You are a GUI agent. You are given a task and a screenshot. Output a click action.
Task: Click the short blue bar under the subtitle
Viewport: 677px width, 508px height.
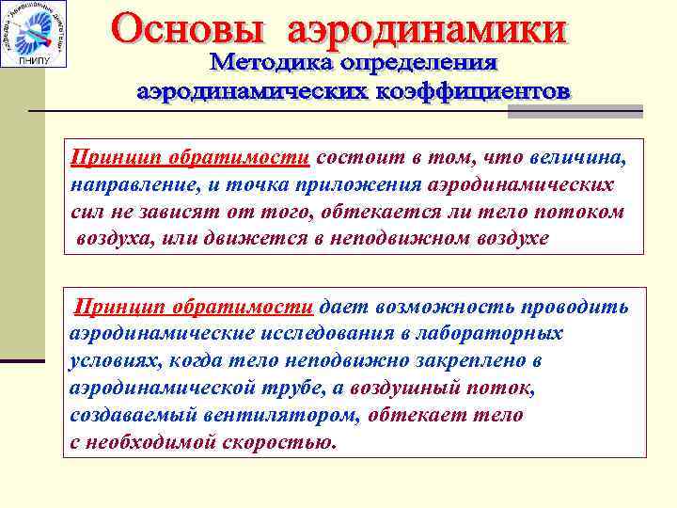coord(575,112)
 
